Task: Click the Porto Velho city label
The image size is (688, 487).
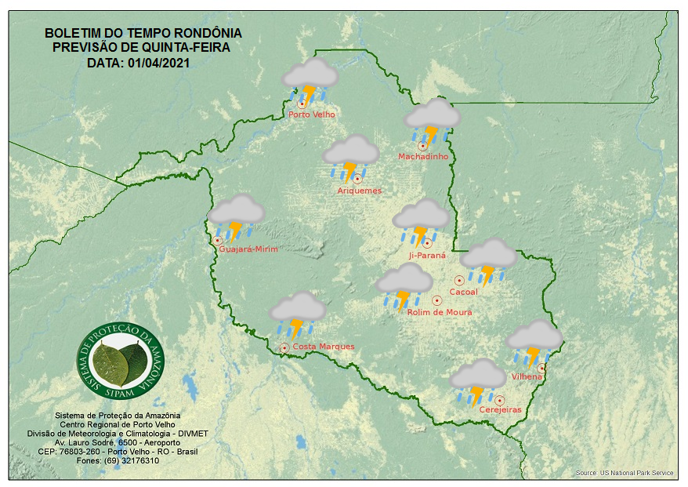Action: tap(312, 114)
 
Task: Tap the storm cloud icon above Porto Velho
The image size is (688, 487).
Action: tap(310, 81)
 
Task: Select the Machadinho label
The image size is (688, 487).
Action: tap(423, 157)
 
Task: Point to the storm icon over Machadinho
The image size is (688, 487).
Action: tap(432, 121)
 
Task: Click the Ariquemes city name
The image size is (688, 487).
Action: tap(360, 191)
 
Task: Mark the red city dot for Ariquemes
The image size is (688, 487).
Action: tap(357, 179)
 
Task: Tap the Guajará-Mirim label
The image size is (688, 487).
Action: tap(249, 249)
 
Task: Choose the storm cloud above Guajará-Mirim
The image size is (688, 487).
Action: tap(236, 216)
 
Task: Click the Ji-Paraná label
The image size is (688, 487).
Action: tap(427, 256)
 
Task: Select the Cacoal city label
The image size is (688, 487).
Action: tap(464, 293)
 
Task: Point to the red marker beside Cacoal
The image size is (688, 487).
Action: tap(459, 280)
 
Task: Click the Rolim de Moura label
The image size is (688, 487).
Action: tap(440, 312)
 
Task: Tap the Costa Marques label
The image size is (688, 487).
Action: tap(324, 347)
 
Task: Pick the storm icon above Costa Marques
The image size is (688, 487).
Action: tap(298, 314)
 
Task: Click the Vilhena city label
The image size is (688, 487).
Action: tap(527, 376)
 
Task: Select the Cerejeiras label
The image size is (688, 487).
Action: tap(500, 410)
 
